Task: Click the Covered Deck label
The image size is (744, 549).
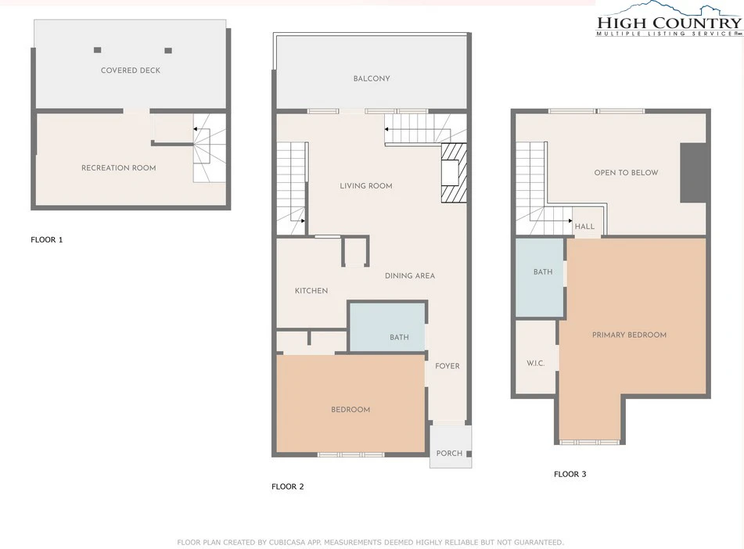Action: [x=131, y=70]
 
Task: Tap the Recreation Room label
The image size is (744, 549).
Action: [x=119, y=167]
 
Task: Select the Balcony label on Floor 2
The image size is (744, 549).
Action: [x=372, y=78]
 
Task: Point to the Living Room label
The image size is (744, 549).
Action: [x=366, y=185]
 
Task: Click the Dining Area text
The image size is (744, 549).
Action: [x=410, y=276]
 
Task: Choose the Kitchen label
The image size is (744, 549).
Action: [x=311, y=290]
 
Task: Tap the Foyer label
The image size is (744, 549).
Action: [x=447, y=366]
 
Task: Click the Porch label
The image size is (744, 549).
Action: [x=449, y=453]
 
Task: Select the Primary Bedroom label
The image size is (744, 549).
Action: [x=629, y=335]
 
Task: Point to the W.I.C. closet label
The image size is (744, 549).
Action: [x=535, y=363]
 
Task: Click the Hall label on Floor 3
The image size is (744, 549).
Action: [x=584, y=226]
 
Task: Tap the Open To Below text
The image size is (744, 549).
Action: [x=627, y=172]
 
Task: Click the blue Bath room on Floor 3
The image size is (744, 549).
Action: [x=540, y=278]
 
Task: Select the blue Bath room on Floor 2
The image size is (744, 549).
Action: [x=387, y=328]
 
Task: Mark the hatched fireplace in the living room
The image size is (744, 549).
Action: [x=454, y=173]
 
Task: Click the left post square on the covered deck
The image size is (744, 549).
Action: [x=97, y=50]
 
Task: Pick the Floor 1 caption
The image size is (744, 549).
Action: [x=46, y=239]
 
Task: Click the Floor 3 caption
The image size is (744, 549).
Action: [x=570, y=474]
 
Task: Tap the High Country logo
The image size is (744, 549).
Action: [x=669, y=20]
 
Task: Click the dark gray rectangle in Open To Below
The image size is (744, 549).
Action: [x=693, y=173]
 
